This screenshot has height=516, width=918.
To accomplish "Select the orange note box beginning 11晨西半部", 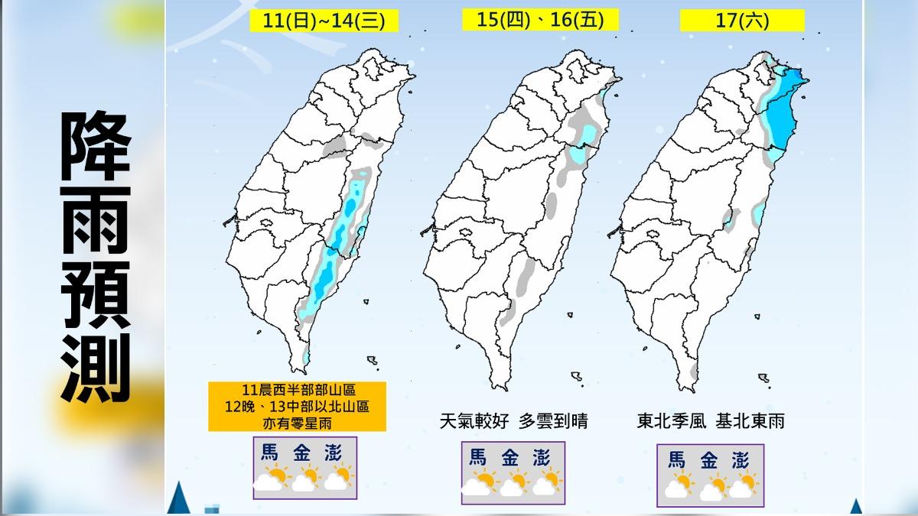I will pos(297,405).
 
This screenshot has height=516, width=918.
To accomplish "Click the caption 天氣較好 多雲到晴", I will pos(514,420).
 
